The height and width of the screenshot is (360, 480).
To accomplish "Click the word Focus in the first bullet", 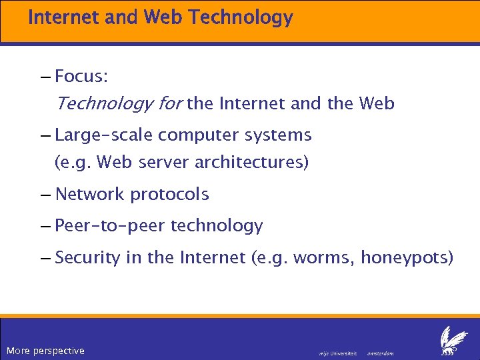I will click(81, 77).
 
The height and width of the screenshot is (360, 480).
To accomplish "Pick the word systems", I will click(280, 135).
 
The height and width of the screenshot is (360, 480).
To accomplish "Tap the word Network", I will click(90, 195).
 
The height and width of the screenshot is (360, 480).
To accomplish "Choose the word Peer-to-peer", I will click(111, 226).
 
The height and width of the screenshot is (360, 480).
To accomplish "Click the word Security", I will click(88, 257).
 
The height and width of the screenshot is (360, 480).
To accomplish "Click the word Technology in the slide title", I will click(241, 17).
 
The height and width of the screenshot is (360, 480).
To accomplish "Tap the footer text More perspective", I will click(45, 351).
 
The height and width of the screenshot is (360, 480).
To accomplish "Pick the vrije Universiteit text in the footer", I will click(338, 353).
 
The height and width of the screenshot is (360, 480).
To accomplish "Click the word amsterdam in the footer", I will click(381, 353).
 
